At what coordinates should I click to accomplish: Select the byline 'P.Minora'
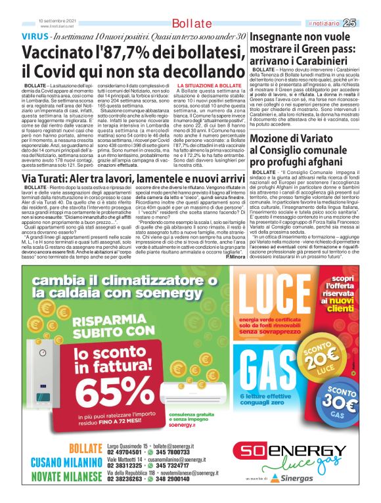[234, 255]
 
